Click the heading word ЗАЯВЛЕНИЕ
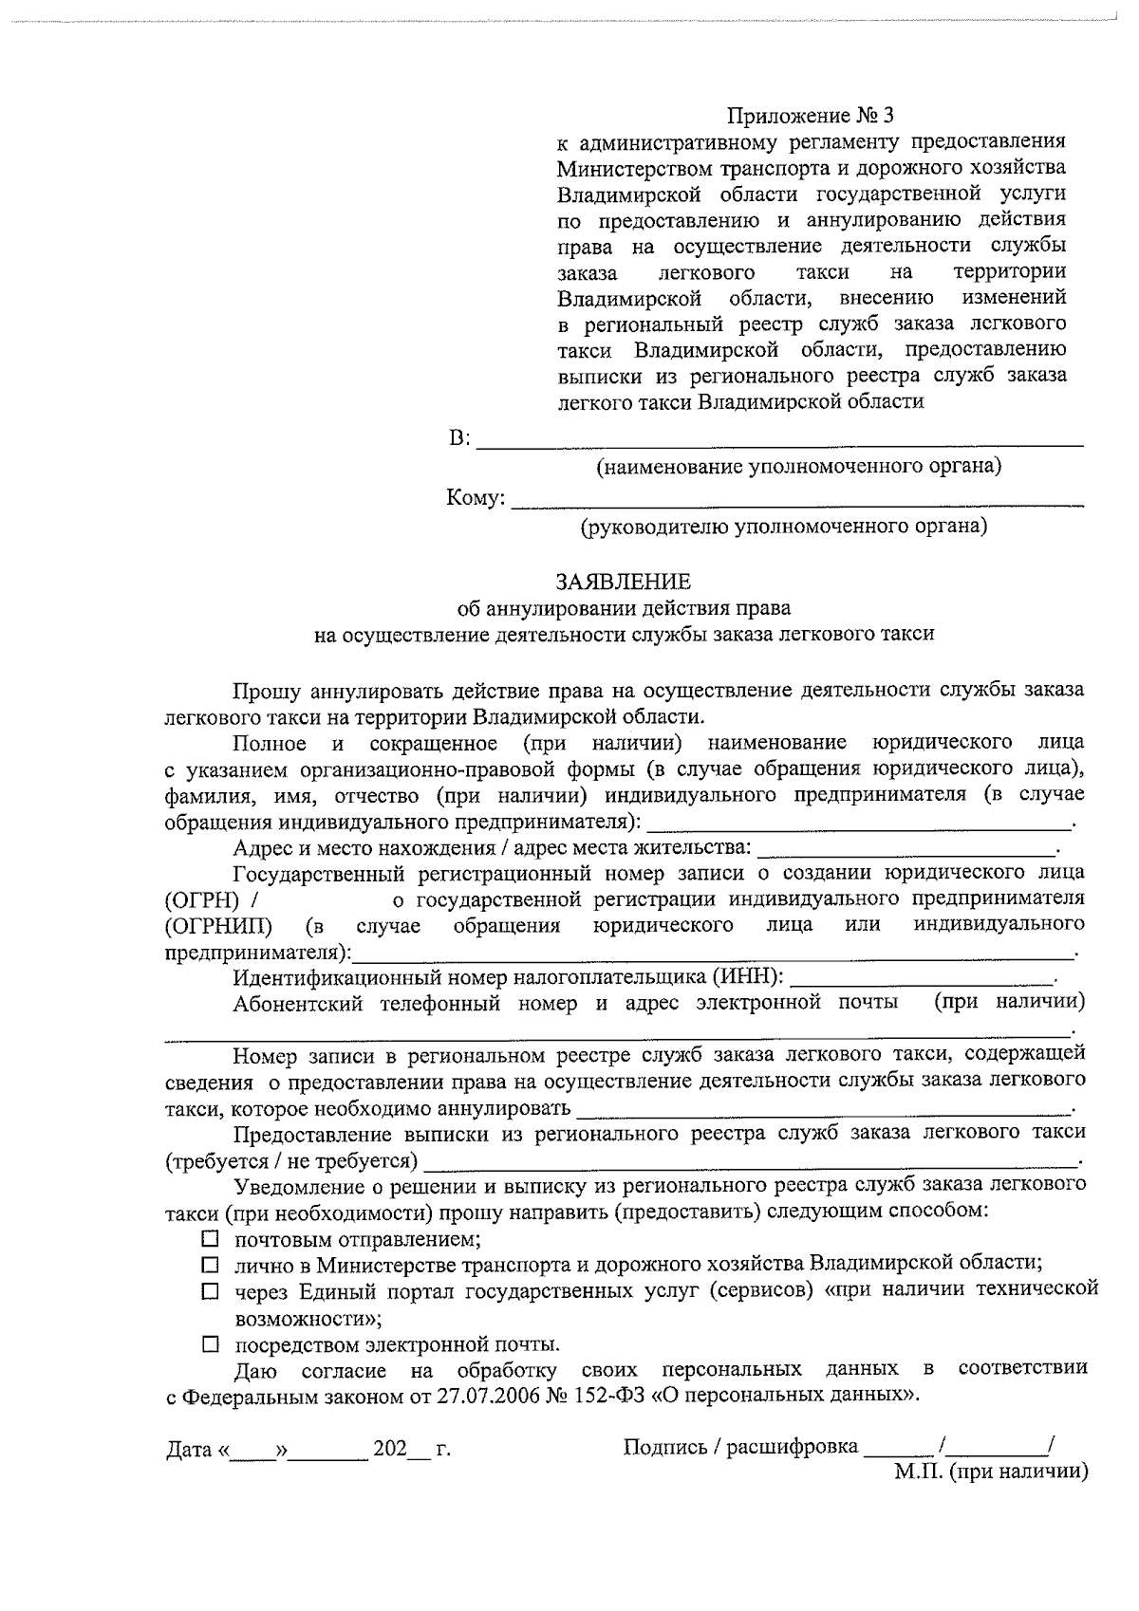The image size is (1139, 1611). click(x=624, y=582)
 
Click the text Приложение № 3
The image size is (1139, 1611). click(x=811, y=116)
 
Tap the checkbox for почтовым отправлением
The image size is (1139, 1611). click(x=211, y=1239)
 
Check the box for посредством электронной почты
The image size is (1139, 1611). click(x=211, y=1344)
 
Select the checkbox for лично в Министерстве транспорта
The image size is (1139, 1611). click(x=211, y=1265)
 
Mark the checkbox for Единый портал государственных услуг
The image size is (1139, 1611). click(x=211, y=1291)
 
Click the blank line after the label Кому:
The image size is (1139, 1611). click(x=797, y=500)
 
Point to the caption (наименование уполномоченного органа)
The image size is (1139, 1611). click(x=798, y=467)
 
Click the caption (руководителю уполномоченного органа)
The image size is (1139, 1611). click(x=784, y=527)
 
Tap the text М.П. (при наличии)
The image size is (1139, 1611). click(x=990, y=1472)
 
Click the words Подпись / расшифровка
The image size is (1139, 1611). click(x=740, y=1447)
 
